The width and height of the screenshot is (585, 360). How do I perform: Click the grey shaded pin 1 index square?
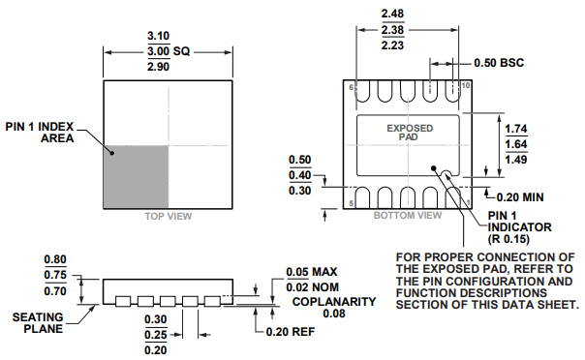point(136,177)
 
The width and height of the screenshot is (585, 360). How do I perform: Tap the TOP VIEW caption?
point(169,217)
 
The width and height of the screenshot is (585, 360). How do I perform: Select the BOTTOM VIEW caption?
point(408,216)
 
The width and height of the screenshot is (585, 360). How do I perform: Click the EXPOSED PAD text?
point(410,133)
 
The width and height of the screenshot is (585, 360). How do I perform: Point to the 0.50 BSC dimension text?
point(499,63)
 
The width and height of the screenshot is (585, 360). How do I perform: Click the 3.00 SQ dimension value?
point(169,51)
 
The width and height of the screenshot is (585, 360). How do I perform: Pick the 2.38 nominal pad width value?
point(392,29)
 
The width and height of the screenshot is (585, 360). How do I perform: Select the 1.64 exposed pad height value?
point(516,144)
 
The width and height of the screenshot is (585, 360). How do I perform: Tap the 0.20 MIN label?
point(520,197)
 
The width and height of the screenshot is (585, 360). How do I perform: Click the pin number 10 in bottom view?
point(466,86)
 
